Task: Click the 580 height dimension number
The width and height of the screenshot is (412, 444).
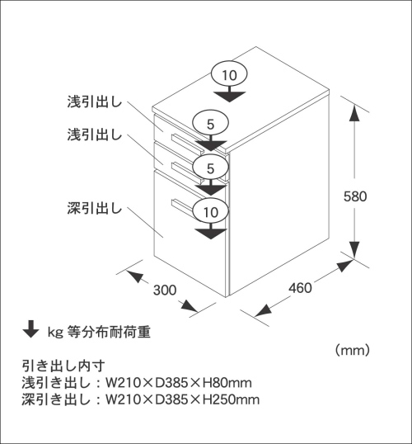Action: pyautogui.click(x=355, y=196)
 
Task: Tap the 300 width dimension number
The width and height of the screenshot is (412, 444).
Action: pyautogui.click(x=165, y=290)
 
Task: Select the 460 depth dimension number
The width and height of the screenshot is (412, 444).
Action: pyautogui.click(x=300, y=288)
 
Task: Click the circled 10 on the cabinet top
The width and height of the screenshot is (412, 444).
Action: pyautogui.click(x=229, y=75)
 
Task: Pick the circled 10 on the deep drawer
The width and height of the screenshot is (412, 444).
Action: pyautogui.click(x=211, y=212)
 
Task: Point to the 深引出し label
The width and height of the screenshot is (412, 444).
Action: pyautogui.click(x=95, y=208)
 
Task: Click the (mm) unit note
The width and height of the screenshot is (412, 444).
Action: pyautogui.click(x=353, y=351)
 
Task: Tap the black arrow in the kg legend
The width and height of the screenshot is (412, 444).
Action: pyautogui.click(x=30, y=329)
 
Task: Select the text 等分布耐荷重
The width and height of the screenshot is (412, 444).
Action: pyautogui.click(x=109, y=332)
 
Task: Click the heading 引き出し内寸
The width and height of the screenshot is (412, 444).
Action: pyautogui.click(x=63, y=366)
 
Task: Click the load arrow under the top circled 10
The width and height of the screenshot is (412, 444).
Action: pyautogui.click(x=229, y=95)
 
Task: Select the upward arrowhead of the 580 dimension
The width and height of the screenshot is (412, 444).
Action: pyautogui.click(x=354, y=113)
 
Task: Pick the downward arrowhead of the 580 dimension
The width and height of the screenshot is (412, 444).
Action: pyautogui.click(x=354, y=250)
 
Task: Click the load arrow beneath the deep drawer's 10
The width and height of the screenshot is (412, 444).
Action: pyautogui.click(x=211, y=232)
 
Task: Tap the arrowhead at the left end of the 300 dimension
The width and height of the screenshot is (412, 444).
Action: pyautogui.click(x=134, y=276)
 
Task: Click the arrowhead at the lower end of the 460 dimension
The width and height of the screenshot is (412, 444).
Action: pyautogui.click(x=263, y=310)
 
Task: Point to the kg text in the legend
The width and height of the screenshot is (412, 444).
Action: pyautogui.click(x=55, y=333)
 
